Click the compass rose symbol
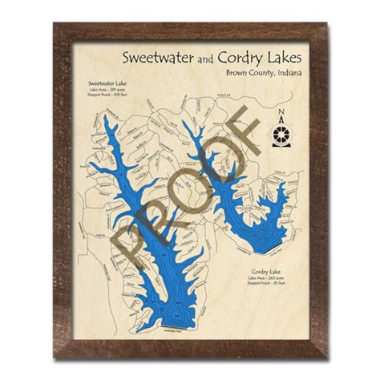coord(281,134)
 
